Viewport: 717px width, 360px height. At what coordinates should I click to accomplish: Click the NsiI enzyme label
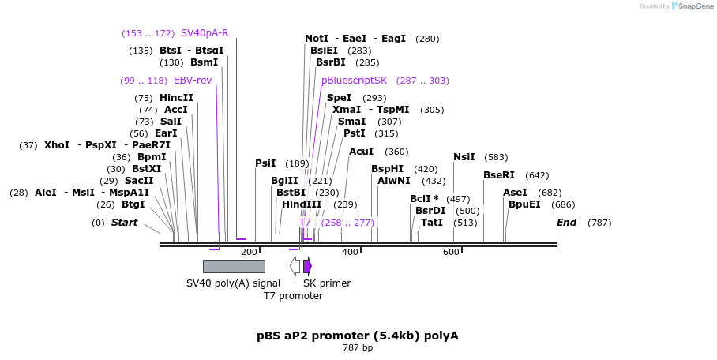pos(464,157)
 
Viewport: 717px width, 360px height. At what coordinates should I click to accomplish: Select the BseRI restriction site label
pos(498,175)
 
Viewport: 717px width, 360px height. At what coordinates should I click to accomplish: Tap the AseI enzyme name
pos(515,193)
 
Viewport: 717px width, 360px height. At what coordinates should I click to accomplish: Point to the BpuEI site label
pos(524,204)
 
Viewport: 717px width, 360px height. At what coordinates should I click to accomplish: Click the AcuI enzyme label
pos(361,152)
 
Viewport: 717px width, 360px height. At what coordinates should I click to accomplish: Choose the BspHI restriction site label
pos(387,169)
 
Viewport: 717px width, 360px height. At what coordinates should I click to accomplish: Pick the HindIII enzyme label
pos(302,204)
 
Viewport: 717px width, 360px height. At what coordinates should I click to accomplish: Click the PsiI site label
pos(265,163)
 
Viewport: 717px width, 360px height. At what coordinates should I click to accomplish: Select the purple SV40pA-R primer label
pos(205,33)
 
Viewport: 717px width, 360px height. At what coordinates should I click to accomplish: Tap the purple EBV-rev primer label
pos(193,81)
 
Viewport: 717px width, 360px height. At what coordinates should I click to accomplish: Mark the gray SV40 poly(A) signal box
pos(234,266)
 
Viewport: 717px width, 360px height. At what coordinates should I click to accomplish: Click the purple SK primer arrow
pos(307,266)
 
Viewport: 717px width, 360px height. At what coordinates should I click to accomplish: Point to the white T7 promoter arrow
pos(295,266)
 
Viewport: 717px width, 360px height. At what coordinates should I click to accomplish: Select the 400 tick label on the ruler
pos(350,252)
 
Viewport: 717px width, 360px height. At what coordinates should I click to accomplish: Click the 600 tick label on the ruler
pos(451,252)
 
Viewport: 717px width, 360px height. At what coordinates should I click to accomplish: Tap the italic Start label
pos(124,223)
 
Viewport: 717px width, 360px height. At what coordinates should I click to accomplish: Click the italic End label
pos(566,223)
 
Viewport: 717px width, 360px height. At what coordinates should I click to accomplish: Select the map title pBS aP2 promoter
pos(357,336)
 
